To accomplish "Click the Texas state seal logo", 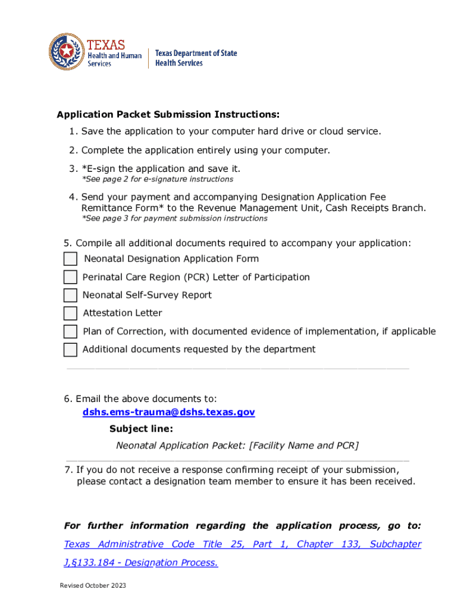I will click(x=67, y=52).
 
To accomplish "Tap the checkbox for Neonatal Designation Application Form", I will click(x=70, y=259).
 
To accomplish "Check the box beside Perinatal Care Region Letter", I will click(x=70, y=277).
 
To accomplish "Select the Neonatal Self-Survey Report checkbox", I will click(x=70, y=296).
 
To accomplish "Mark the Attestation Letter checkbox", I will click(x=70, y=313).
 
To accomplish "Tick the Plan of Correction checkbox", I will click(x=70, y=332).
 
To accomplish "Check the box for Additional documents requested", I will click(x=70, y=350).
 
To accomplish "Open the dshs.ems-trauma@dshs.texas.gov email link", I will click(x=168, y=412).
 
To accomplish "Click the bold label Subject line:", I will click(x=142, y=429).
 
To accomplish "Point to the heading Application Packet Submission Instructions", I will click(x=168, y=114).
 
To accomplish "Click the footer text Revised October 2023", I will click(x=93, y=586).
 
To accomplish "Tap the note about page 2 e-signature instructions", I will click(x=157, y=179).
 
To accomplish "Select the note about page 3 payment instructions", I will click(x=174, y=218).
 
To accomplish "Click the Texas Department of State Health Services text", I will click(x=196, y=58).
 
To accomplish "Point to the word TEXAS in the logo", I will click(x=106, y=45).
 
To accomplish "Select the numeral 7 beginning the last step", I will click(x=68, y=470).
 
